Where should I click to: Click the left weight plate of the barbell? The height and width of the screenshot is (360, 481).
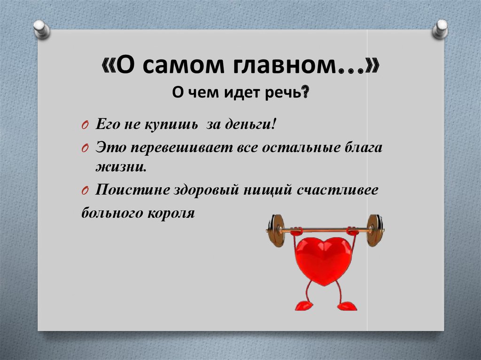click(277, 230)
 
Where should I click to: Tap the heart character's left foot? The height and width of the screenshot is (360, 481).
click(303, 306)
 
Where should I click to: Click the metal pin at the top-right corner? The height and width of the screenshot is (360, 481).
click(441, 29)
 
